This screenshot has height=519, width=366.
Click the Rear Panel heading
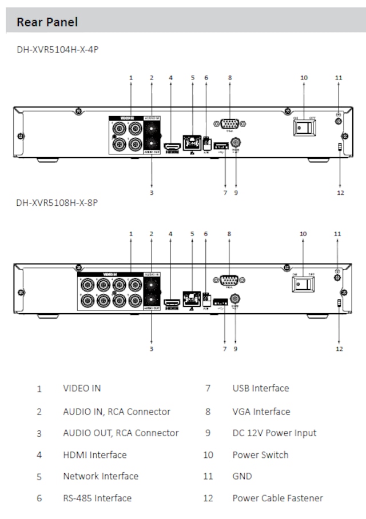click(x=47, y=22)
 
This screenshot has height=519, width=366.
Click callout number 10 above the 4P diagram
click(x=304, y=77)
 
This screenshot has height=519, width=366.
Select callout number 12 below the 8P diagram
click(x=339, y=349)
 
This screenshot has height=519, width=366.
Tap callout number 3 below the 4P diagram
click(x=152, y=193)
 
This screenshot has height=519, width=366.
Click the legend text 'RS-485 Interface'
click(x=97, y=498)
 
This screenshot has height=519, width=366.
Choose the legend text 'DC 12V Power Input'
click(x=274, y=433)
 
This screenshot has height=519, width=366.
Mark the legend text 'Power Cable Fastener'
click(x=277, y=498)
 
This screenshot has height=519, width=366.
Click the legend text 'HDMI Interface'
click(x=95, y=455)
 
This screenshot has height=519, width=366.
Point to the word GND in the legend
click(x=242, y=476)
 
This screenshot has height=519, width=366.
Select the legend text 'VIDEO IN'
click(x=82, y=388)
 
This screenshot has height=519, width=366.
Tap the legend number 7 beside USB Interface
click(x=208, y=389)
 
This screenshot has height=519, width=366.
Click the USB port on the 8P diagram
click(x=221, y=301)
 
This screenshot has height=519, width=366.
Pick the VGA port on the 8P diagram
click(x=229, y=280)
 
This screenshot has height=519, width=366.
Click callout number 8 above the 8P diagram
click(x=229, y=233)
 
